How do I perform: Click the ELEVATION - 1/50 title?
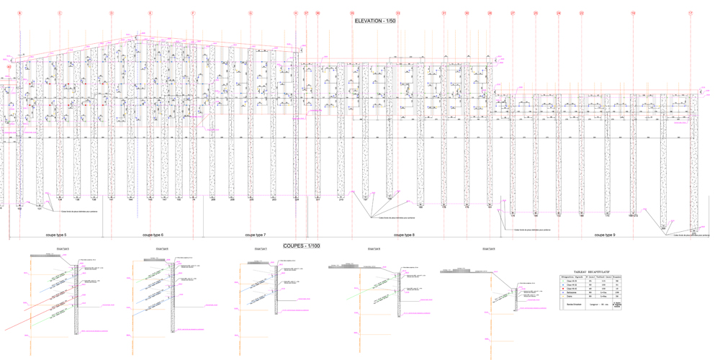[x=375, y=22]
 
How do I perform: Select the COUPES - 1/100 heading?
[x=302, y=246]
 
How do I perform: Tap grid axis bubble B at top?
[x=19, y=14]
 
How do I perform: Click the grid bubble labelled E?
[x=150, y=14]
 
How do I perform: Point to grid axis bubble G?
[x=251, y=14]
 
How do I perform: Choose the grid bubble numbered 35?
[x=352, y=14]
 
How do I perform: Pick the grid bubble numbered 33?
[x=398, y=14]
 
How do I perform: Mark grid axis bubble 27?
[x=513, y=14]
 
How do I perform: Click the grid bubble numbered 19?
[x=633, y=14]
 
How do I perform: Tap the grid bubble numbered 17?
[x=690, y=14]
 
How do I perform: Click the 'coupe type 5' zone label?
[x=55, y=235]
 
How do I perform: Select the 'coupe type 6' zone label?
[x=153, y=235]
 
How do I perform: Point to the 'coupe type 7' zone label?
[x=255, y=235]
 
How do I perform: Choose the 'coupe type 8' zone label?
[x=403, y=235]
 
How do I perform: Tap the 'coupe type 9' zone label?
[x=604, y=235]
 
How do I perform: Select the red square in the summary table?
[x=563, y=289]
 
